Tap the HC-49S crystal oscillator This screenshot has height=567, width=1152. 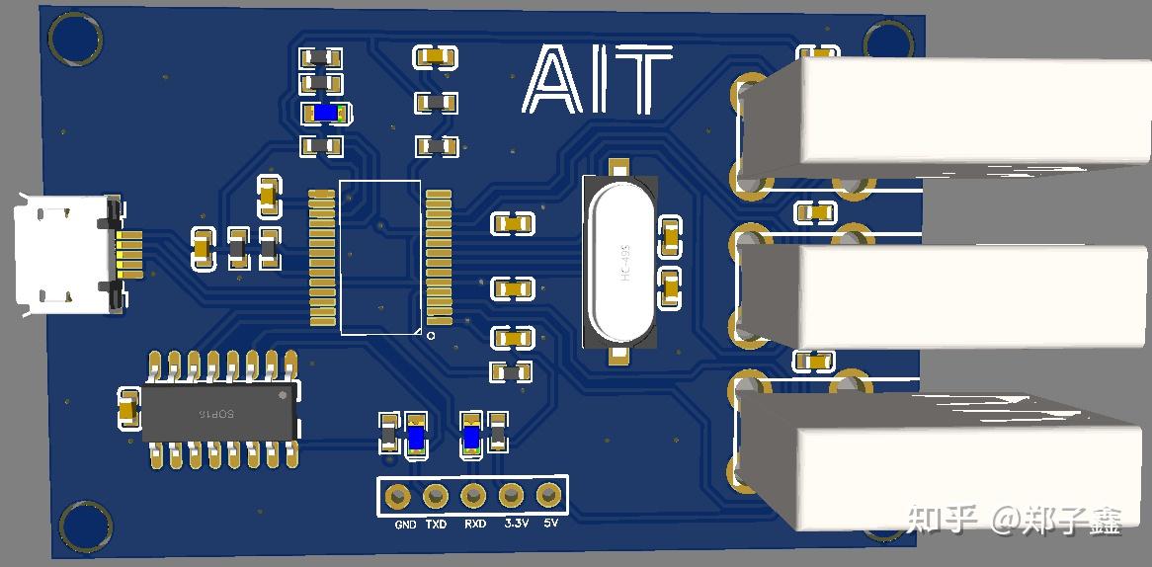pyautogui.click(x=619, y=262)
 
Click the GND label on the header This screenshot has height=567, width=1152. pyautogui.click(x=405, y=525)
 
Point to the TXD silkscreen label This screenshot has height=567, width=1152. pyautogui.click(x=436, y=525)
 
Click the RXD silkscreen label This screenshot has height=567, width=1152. pyautogui.click(x=474, y=525)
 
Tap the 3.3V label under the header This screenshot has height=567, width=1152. pyautogui.click(x=514, y=524)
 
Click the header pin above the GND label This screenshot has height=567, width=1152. pyautogui.click(x=399, y=496)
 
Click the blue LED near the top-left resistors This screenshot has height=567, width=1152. pyautogui.click(x=326, y=114)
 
